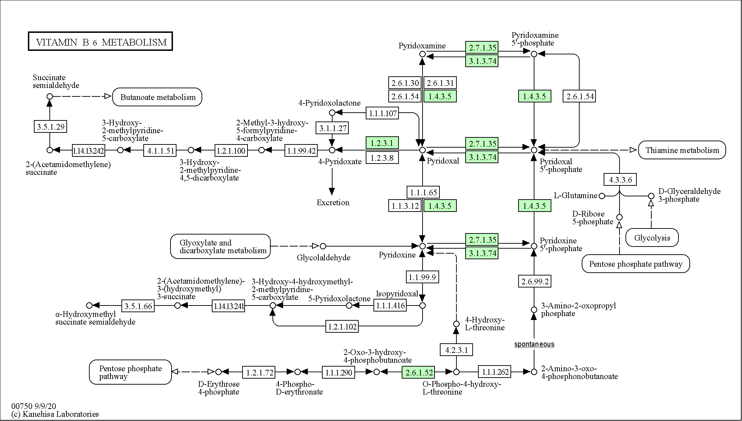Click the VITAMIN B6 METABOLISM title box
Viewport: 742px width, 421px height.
click(100, 41)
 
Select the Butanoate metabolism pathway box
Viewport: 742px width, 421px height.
click(157, 97)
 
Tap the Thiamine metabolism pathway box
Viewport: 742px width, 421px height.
click(682, 150)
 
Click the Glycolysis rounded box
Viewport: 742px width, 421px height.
click(652, 237)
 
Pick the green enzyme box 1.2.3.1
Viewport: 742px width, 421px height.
click(382, 143)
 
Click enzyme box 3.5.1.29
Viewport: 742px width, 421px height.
click(51, 126)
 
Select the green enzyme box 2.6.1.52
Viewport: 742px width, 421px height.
click(418, 372)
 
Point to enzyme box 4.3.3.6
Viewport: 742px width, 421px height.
click(620, 180)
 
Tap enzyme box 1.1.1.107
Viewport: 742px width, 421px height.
click(383, 113)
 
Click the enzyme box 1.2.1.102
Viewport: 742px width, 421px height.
click(342, 326)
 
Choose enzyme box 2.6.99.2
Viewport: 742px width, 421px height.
click(534, 281)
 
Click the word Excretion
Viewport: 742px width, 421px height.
click(333, 203)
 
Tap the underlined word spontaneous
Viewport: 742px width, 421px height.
click(534, 344)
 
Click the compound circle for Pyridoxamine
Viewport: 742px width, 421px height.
click(422, 54)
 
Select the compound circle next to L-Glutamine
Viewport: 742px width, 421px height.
click(602, 196)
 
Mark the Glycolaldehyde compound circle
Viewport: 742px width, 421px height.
click(323, 246)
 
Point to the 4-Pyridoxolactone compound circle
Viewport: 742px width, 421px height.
click(332, 113)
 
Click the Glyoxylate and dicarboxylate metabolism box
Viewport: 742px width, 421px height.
click(220, 246)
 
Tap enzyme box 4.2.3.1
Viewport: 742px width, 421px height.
click(456, 350)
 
